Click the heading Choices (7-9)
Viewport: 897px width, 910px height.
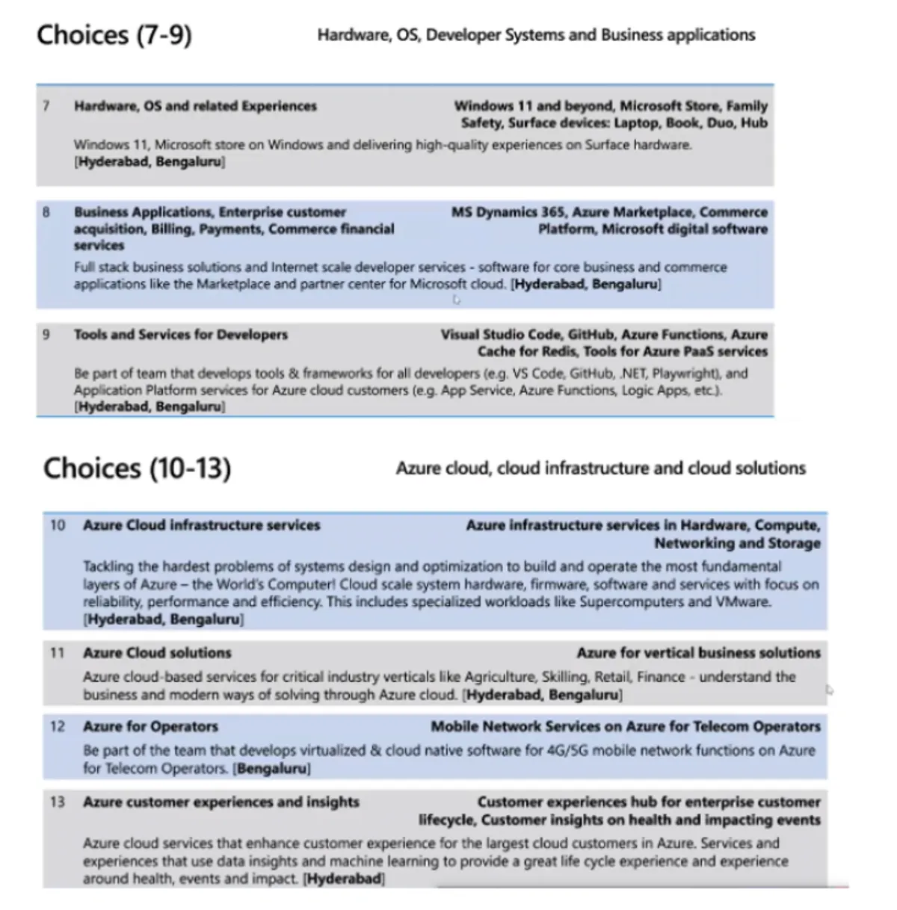tap(114, 35)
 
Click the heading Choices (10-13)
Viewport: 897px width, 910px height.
tap(138, 468)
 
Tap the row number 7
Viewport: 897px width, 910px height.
tap(46, 106)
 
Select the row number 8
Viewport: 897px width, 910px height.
tap(46, 212)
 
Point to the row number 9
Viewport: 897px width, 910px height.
tap(46, 335)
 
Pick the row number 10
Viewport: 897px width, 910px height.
tap(58, 525)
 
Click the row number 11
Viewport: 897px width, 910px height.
tap(58, 653)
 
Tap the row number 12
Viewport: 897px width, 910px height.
tap(58, 726)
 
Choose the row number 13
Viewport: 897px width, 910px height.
tap(58, 802)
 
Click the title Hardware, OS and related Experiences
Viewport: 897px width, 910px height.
tap(195, 106)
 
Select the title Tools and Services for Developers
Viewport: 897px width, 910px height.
tap(180, 335)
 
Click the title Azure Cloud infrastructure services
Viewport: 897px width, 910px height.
tap(201, 525)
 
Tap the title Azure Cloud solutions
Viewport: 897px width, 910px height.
tap(157, 653)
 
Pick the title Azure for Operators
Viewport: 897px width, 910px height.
tap(150, 726)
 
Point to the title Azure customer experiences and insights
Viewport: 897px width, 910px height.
tap(221, 802)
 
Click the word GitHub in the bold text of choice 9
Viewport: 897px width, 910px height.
tap(596, 335)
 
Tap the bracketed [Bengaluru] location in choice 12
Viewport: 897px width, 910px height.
tap(272, 769)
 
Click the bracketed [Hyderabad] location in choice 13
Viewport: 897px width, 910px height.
tap(344, 879)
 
